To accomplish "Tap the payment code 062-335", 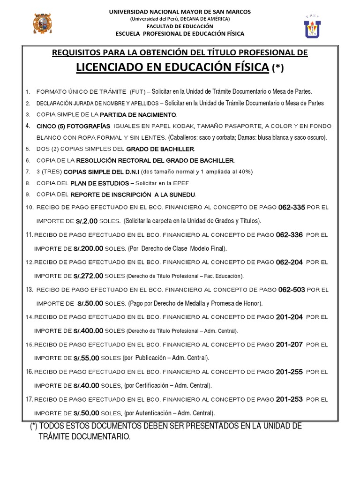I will pyautogui.click(x=292, y=207).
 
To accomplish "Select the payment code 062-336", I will pyautogui.click(x=289, y=234).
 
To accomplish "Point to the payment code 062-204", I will pyautogui.click(x=290, y=262).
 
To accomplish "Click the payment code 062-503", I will pyautogui.click(x=292, y=290).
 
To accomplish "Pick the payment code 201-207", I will pyautogui.click(x=289, y=345).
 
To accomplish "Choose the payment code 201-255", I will pyautogui.click(x=289, y=372).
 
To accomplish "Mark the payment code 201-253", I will pyautogui.click(x=289, y=399).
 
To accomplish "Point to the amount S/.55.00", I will pyautogui.click(x=86, y=358).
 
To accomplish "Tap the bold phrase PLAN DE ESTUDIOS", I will pyautogui.click(x=99, y=183).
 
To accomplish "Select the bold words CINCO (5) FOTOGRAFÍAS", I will pyautogui.click(x=74, y=126).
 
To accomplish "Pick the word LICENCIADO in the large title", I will pyautogui.click(x=111, y=67).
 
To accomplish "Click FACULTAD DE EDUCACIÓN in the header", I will pyautogui.click(x=180, y=26).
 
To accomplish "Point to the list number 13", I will pyautogui.click(x=30, y=290).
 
